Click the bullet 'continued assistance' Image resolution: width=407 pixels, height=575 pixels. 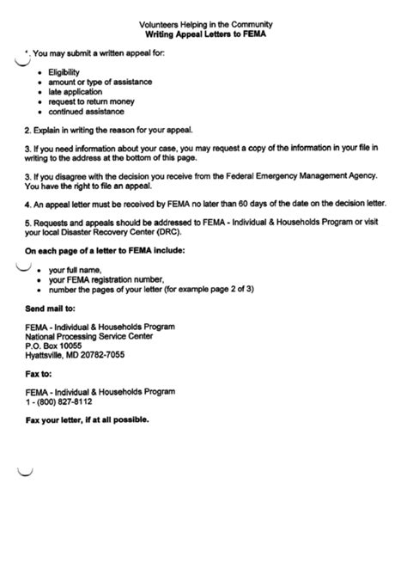coord(86,112)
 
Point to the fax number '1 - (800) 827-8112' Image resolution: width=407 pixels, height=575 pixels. coord(58,402)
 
